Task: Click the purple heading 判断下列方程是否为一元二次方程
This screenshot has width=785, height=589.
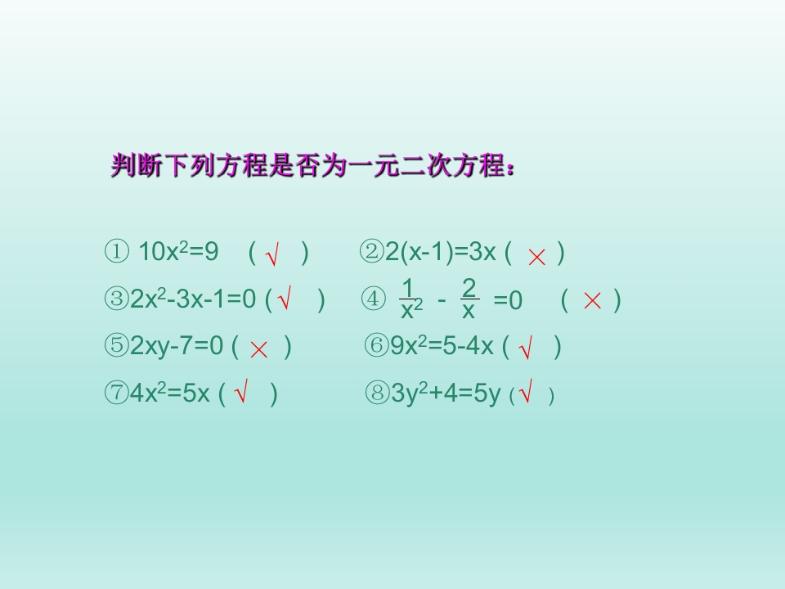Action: [x=313, y=166]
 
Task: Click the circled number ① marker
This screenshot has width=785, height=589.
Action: [x=116, y=252]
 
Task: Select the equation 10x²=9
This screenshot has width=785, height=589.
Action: [x=179, y=252]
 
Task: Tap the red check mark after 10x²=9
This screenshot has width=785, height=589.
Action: [x=273, y=255]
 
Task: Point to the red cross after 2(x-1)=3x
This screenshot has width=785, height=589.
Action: [x=536, y=256]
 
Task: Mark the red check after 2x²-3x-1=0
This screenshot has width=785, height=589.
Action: [x=285, y=301]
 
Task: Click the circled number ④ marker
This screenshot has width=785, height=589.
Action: [x=372, y=300]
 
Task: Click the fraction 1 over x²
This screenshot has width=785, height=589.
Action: [x=410, y=299]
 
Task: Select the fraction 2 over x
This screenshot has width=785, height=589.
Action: [x=469, y=299]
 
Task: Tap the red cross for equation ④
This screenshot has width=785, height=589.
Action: [x=592, y=301]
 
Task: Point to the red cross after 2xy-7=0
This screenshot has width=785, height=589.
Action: [x=259, y=349]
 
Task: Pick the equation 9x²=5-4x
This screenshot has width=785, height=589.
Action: [x=442, y=347]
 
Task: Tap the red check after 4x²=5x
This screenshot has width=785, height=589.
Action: [x=241, y=395]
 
